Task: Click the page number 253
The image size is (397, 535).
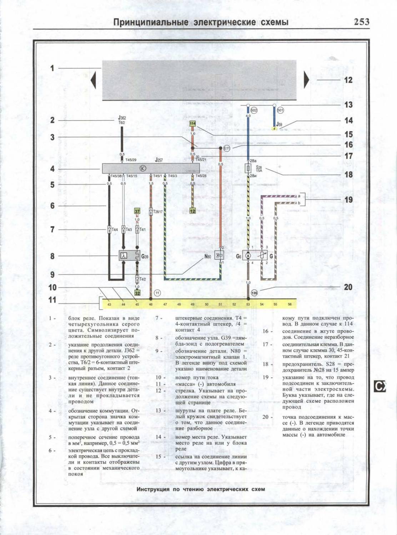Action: pyautogui.click(x=361, y=22)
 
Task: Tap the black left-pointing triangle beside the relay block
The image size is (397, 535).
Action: pyautogui.click(x=94, y=80)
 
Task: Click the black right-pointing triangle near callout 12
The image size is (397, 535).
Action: pyautogui.click(x=306, y=80)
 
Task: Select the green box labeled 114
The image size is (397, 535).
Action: pyautogui.click(x=193, y=123)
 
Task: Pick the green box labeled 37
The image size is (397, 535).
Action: pyautogui.click(x=137, y=211)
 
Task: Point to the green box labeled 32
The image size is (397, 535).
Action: pyautogui.click(x=137, y=293)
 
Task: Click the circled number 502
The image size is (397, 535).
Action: pyautogui.click(x=254, y=111)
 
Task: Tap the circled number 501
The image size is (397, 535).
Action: pyautogui.click(x=280, y=111)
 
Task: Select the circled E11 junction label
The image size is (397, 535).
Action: pyautogui.click(x=227, y=148)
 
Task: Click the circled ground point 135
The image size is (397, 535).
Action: pyautogui.click(x=254, y=293)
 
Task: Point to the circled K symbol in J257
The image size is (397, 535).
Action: pyautogui.click(x=142, y=169)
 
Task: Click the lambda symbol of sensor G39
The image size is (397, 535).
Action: pyautogui.click(x=124, y=256)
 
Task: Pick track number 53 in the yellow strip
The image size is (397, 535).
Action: pyautogui.click(x=248, y=304)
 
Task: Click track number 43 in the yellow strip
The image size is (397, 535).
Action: pyautogui.click(x=109, y=304)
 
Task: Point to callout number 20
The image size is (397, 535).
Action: pyautogui.click(x=348, y=287)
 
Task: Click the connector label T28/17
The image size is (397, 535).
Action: pyautogui.click(x=158, y=212)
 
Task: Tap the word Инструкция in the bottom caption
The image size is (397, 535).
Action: pyautogui.click(x=153, y=489)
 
